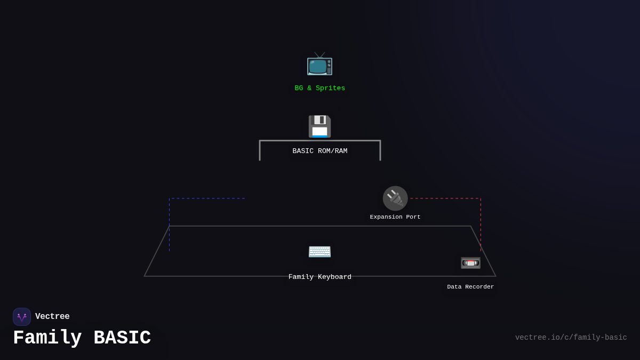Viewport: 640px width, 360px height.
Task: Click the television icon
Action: click(319, 65)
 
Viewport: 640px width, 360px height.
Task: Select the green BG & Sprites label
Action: click(320, 89)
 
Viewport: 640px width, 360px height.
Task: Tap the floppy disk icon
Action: click(319, 126)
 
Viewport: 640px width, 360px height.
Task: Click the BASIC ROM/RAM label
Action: click(320, 151)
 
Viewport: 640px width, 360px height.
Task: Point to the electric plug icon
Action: click(395, 198)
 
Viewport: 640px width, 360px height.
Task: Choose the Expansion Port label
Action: click(395, 217)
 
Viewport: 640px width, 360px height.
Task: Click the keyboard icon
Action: click(319, 251)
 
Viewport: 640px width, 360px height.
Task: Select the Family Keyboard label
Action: click(320, 277)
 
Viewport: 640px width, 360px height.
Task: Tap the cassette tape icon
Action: click(470, 263)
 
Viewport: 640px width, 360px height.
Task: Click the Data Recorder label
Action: click(470, 287)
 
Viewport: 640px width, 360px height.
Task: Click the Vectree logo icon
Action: click(22, 317)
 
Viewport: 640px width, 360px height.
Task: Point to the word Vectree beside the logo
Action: click(52, 317)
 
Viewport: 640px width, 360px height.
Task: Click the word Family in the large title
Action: click(47, 338)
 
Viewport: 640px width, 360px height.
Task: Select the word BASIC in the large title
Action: click(122, 338)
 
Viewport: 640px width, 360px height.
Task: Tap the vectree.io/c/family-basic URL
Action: click(571, 338)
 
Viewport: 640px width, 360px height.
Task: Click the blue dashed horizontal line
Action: click(208, 198)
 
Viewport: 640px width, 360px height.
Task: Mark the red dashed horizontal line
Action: click(444, 198)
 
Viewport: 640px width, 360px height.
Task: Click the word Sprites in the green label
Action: click(331, 89)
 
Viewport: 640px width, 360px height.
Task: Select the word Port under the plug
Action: click(413, 217)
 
